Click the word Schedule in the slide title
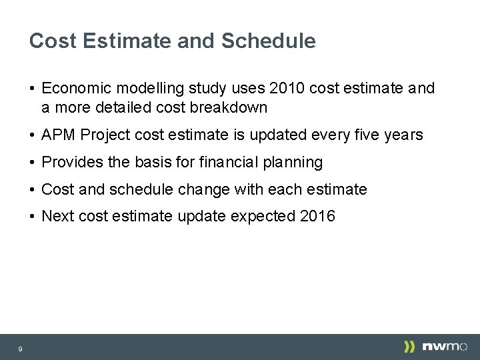click(269, 41)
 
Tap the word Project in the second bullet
click(103, 135)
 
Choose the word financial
click(231, 162)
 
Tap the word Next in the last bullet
click(57, 217)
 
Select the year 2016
click(318, 217)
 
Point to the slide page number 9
click(21, 349)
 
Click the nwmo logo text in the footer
click(445, 347)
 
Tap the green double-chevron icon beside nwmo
click(409, 347)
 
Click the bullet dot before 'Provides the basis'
click(32, 163)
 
